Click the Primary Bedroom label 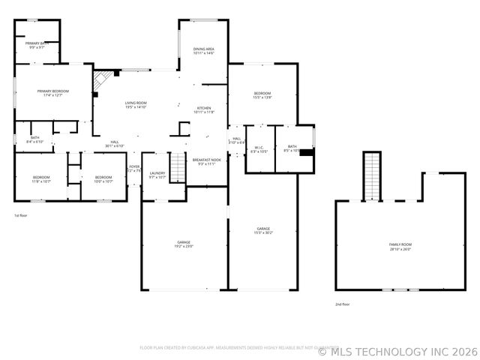(52, 92)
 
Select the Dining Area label (203, 51)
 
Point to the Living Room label (136, 105)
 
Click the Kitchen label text (204, 109)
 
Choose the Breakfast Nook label (206, 161)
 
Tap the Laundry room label (157, 175)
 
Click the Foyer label (134, 168)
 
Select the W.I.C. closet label (258, 149)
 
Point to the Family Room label (400, 247)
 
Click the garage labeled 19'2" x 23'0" (184, 244)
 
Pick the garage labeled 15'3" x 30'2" (263, 230)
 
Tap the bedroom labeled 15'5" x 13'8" (262, 95)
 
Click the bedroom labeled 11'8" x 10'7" (40, 179)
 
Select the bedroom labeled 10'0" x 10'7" (103, 179)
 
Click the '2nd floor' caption (342, 304)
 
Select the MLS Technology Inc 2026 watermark (397, 350)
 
